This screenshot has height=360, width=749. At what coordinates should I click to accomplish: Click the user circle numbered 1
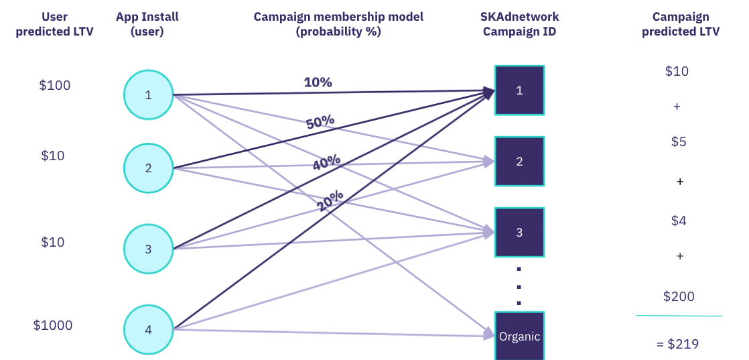(148, 95)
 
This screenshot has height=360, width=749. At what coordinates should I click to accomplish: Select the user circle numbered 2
(148, 168)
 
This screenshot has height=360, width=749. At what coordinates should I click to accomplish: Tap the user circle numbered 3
(148, 249)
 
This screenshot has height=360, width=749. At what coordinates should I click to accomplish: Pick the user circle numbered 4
(148, 329)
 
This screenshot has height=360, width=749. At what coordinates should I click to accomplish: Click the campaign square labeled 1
(519, 91)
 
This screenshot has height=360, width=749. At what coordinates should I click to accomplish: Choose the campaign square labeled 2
(519, 161)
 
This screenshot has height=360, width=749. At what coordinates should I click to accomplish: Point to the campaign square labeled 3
(519, 233)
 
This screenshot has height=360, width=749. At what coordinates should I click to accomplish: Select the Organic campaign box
(519, 336)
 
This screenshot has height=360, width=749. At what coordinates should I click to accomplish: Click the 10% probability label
(318, 82)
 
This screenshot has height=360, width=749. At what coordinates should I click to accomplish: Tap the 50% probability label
(320, 122)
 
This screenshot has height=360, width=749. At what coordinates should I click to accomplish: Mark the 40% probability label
(326, 162)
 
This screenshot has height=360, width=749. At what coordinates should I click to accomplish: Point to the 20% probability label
(330, 201)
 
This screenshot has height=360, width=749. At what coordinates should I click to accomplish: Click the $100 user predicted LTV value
(54, 86)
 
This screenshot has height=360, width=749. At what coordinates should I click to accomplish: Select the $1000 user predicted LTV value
(52, 326)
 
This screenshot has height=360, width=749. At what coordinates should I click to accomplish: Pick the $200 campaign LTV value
(679, 296)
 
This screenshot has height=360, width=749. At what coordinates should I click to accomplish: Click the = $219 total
(677, 344)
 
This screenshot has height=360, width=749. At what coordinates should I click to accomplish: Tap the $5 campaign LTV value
(679, 142)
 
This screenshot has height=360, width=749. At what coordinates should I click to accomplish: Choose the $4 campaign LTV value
(679, 221)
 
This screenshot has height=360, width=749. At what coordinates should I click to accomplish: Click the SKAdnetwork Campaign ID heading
(520, 24)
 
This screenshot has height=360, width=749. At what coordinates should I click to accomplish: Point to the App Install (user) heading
(147, 24)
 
